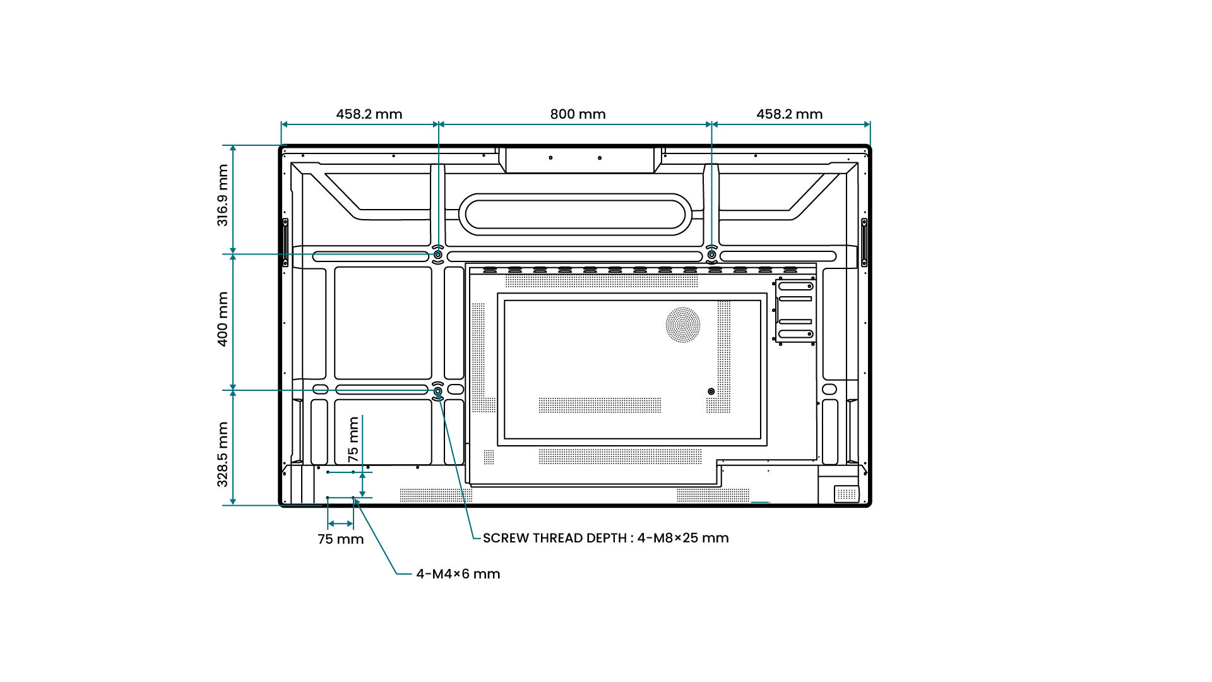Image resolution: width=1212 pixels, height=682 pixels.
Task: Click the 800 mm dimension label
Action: coord(578,114)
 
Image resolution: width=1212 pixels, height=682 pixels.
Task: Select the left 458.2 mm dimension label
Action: coord(369,114)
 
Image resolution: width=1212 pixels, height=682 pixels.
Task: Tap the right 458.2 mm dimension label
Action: coord(789,114)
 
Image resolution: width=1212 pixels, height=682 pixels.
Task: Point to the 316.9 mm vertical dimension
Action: coord(223,195)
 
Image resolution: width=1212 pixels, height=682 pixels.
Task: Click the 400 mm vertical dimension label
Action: coord(223,319)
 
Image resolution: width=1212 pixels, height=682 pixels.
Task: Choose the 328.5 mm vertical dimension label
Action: coord(223,454)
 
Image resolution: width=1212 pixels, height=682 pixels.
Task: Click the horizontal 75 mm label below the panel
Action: coord(340,539)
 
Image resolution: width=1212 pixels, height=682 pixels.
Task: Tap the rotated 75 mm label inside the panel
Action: coord(353,439)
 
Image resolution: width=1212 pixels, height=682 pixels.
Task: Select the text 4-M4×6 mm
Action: coord(458,574)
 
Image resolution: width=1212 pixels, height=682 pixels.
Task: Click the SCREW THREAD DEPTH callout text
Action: coord(605,538)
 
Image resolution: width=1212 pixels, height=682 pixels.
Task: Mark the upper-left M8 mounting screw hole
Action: coord(437,254)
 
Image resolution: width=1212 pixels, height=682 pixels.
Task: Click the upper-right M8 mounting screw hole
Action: coord(711,254)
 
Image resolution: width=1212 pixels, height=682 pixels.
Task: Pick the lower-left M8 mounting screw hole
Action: coord(437,392)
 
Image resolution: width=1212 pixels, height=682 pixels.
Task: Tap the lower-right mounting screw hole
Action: coord(711,392)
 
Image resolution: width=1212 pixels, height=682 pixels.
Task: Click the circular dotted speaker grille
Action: coord(683,325)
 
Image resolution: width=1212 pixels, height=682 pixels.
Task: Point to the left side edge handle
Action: coord(285,242)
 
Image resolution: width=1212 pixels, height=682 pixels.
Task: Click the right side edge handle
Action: coord(864,242)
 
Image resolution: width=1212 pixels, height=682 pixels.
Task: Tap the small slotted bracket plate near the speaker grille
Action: coord(795,311)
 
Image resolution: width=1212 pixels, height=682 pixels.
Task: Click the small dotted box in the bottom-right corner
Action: coord(847,494)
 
